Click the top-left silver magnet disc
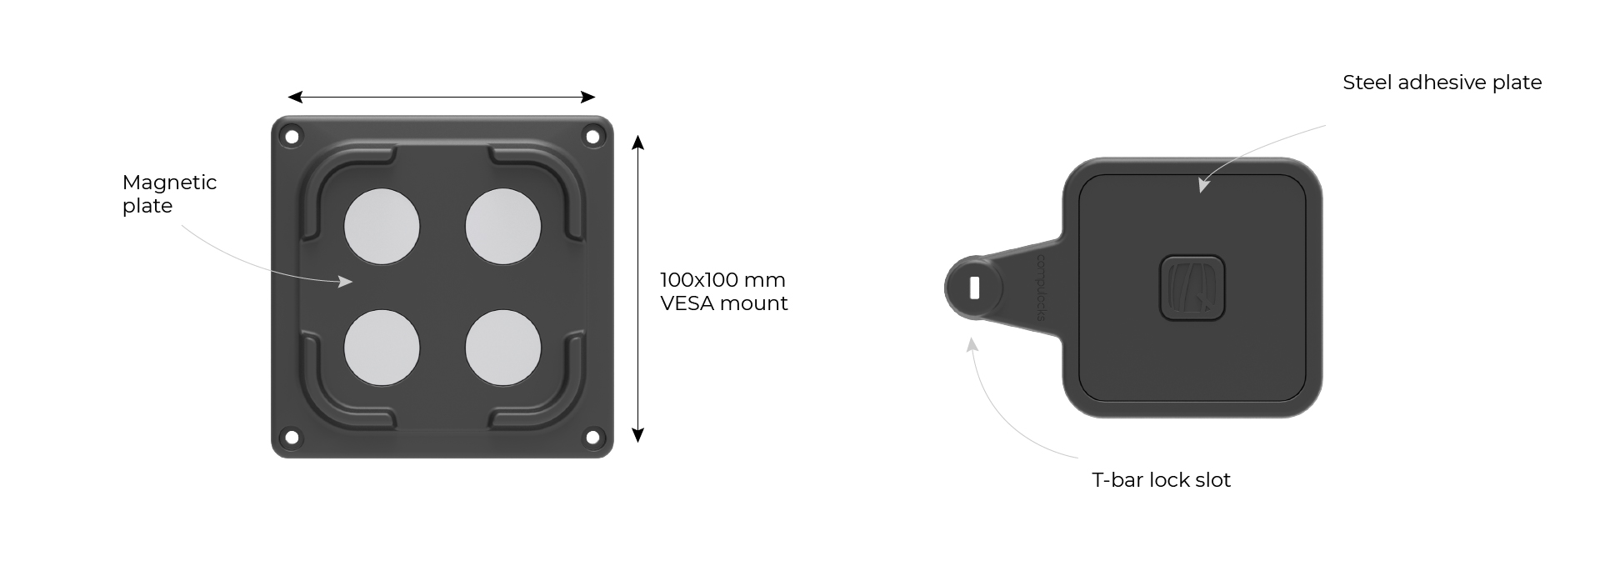pos(382,227)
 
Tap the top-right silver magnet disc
pos(503,227)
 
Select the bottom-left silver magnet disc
pos(382,348)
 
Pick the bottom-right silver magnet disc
pos(503,348)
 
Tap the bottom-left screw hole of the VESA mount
pos(292,437)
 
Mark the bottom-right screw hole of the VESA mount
pos(592,437)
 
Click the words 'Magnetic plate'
pos(169,193)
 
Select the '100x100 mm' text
pos(722,279)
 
